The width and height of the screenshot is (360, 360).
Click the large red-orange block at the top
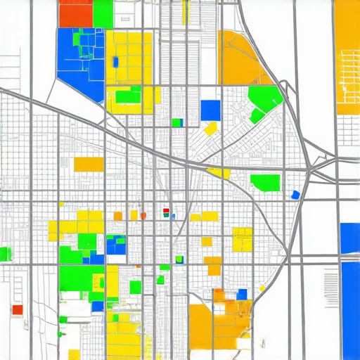pos(76,13)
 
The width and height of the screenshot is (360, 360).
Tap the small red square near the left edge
pos(18,309)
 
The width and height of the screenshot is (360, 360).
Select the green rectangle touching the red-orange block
pos(103,13)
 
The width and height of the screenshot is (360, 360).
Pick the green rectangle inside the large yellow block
pos(128,97)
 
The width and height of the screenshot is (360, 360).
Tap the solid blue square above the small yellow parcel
pos(210,110)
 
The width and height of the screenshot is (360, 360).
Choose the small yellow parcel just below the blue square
pos(210,129)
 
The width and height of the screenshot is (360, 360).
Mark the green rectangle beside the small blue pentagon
pos(266,182)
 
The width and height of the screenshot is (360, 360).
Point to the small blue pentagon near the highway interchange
pos(295,195)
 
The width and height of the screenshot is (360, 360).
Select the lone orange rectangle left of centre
pos(89,164)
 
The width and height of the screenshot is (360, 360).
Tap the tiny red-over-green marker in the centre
pos(166,212)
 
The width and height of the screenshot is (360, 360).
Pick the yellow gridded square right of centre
pos(242,239)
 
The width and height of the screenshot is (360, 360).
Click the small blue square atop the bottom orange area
pos(243,294)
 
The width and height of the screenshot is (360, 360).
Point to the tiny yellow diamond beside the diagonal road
pos(262,288)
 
